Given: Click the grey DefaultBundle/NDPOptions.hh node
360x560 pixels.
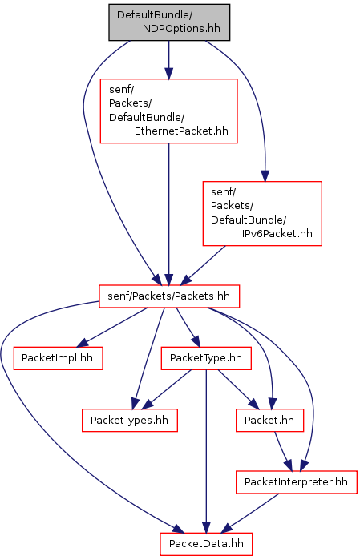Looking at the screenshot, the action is point(169,22).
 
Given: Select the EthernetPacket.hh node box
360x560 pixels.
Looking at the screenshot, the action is point(168,111).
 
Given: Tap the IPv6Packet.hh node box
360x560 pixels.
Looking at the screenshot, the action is point(262,214).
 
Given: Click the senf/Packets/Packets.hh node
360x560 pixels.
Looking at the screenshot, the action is point(169,296).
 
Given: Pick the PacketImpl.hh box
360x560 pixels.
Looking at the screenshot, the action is point(59,358).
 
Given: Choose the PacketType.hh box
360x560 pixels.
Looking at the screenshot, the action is point(206,358).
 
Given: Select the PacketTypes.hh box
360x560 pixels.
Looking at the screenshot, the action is point(130,421).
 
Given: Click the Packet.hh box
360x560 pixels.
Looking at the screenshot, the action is point(270,421).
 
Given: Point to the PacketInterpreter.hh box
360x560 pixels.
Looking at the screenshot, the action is point(297,482).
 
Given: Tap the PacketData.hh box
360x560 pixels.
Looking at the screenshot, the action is point(206,544).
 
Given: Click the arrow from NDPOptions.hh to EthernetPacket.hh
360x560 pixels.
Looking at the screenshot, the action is point(168,59).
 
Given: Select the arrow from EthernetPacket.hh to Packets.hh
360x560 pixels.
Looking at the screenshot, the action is point(168,214).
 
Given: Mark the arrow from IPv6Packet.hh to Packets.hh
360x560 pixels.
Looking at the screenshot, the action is point(203,265).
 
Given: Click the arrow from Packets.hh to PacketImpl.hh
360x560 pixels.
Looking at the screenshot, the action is point(111,328).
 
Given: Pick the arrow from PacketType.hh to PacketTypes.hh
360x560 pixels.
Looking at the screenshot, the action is point(167,389).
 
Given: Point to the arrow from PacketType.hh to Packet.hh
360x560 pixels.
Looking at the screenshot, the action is point(238,389).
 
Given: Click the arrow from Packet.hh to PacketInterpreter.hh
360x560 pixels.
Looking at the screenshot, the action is point(283,451).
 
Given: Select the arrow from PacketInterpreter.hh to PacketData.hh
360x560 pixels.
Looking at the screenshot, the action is point(250,514).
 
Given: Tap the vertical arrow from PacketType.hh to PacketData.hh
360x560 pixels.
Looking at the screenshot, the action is point(206,451).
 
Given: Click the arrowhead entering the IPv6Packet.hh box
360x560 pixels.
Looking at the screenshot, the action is point(265,175).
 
